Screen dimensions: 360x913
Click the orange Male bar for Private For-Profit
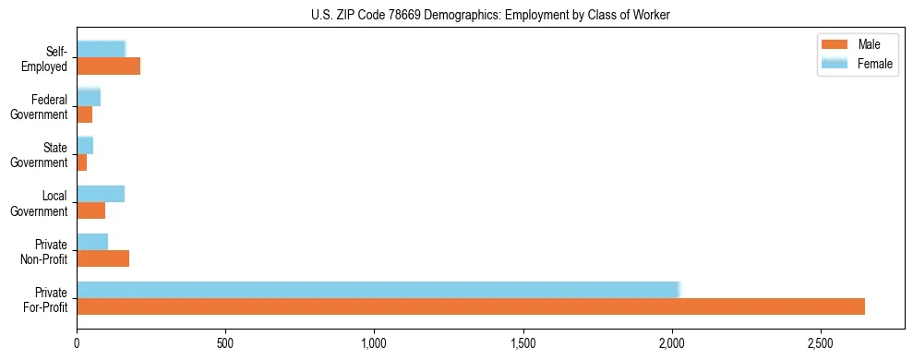pyautogui.click(x=471, y=306)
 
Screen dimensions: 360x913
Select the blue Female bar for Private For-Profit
pyautogui.click(x=378, y=290)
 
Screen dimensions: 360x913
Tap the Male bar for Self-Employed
pyautogui.click(x=108, y=66)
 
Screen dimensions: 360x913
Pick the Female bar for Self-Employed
pyautogui.click(x=101, y=49)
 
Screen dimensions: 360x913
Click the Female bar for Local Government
pyautogui.click(x=100, y=194)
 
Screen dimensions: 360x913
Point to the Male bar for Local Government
pyautogui.click(x=90, y=210)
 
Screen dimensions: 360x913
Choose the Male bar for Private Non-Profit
pyautogui.click(x=102, y=258)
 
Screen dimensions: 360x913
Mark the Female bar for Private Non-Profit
pyautogui.click(x=92, y=242)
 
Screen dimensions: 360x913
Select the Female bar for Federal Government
pyautogui.click(x=88, y=97)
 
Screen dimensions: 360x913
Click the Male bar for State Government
pyautogui.click(x=81, y=162)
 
